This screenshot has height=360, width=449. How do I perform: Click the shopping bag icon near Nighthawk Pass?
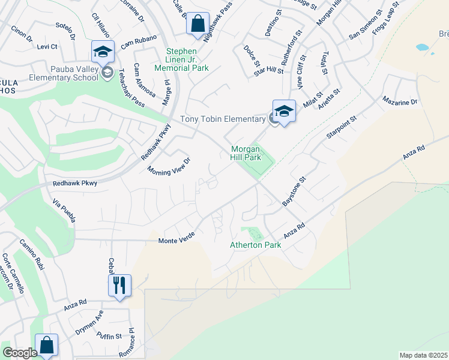[197, 25]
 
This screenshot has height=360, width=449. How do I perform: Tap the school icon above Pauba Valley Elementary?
[103, 52]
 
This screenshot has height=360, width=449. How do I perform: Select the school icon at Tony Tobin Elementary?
[284, 111]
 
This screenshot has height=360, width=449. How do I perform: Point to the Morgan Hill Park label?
[246, 153]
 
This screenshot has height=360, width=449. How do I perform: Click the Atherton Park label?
[256, 245]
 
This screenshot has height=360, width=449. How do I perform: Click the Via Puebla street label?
[65, 211]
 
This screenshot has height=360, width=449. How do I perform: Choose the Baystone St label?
[294, 191]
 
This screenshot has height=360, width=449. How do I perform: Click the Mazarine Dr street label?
[397, 103]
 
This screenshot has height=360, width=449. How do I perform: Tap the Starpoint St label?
[341, 127]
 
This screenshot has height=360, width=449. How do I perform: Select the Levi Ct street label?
[47, 46]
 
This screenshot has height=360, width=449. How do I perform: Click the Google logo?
[20, 353]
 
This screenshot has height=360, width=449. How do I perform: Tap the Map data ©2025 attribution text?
[423, 355]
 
